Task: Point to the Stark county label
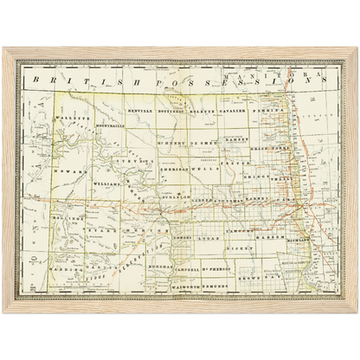tap(106, 232)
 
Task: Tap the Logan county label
tap(211, 235)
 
